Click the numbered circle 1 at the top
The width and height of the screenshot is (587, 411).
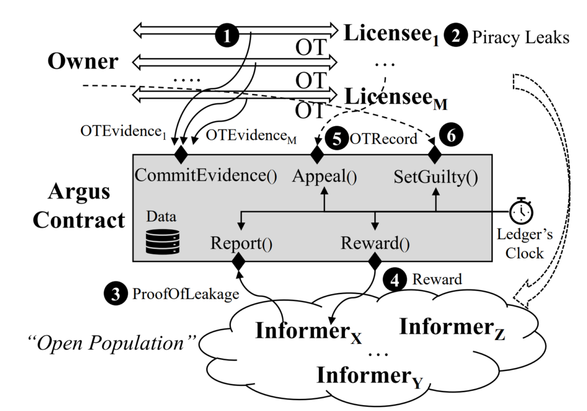pyautogui.click(x=227, y=36)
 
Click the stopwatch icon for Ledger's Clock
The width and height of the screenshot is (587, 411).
pyautogui.click(x=521, y=212)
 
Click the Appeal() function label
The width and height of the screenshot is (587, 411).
pyautogui.click(x=324, y=176)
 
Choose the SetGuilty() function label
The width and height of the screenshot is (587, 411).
pyautogui.click(x=435, y=176)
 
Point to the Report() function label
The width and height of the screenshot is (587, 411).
pyautogui.click(x=241, y=243)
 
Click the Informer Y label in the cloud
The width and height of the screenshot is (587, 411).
pyautogui.click(x=369, y=376)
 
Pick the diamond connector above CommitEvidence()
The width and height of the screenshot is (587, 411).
pyautogui.click(x=182, y=152)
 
